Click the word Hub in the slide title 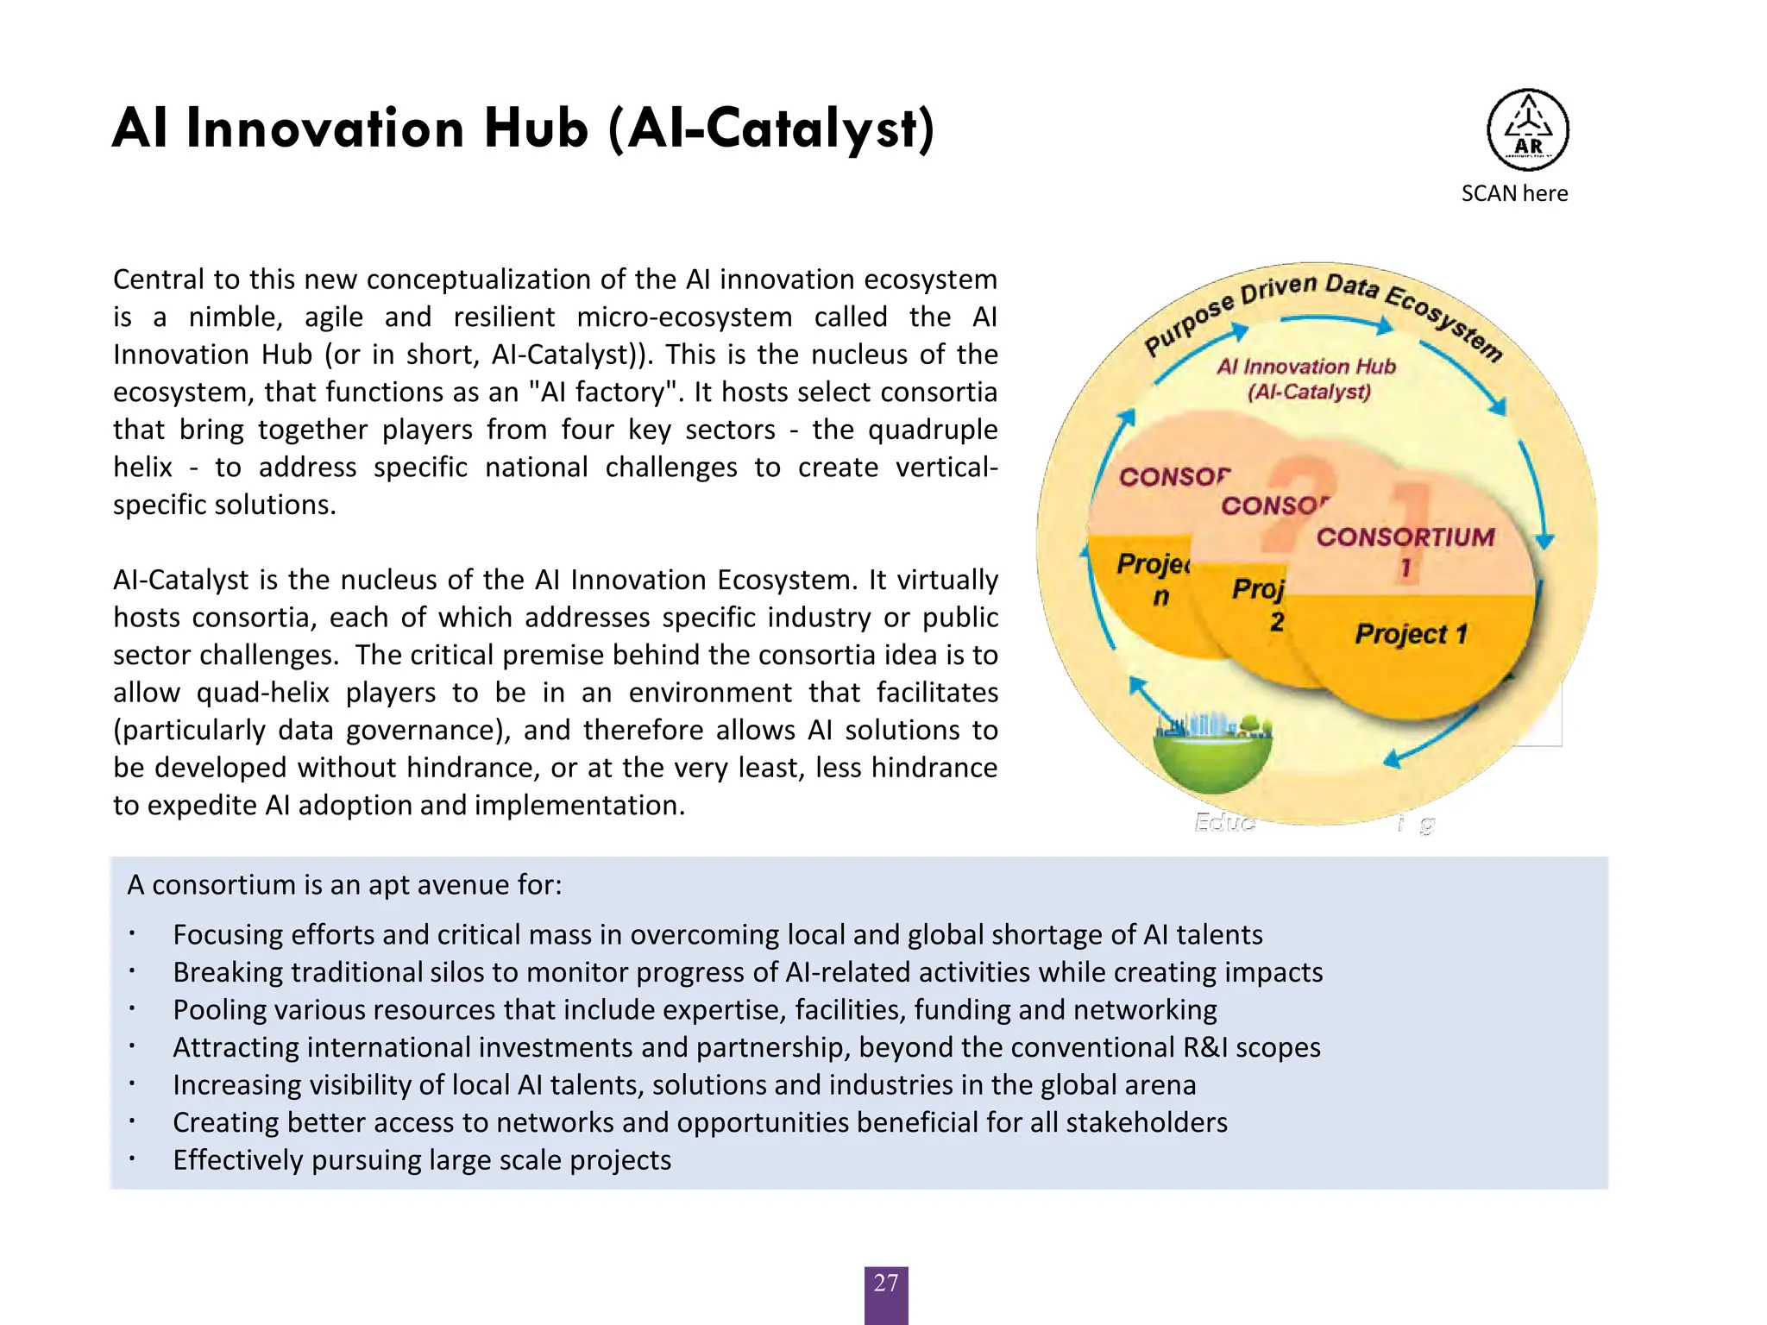[536, 129]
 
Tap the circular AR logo [1527, 130]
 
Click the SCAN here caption [1514, 193]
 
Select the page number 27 [886, 1284]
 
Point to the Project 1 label [1411, 634]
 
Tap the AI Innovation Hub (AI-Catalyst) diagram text [1307, 379]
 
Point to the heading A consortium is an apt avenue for [344, 885]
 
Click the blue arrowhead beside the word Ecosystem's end [1498, 405]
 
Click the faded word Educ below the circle [1224, 823]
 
